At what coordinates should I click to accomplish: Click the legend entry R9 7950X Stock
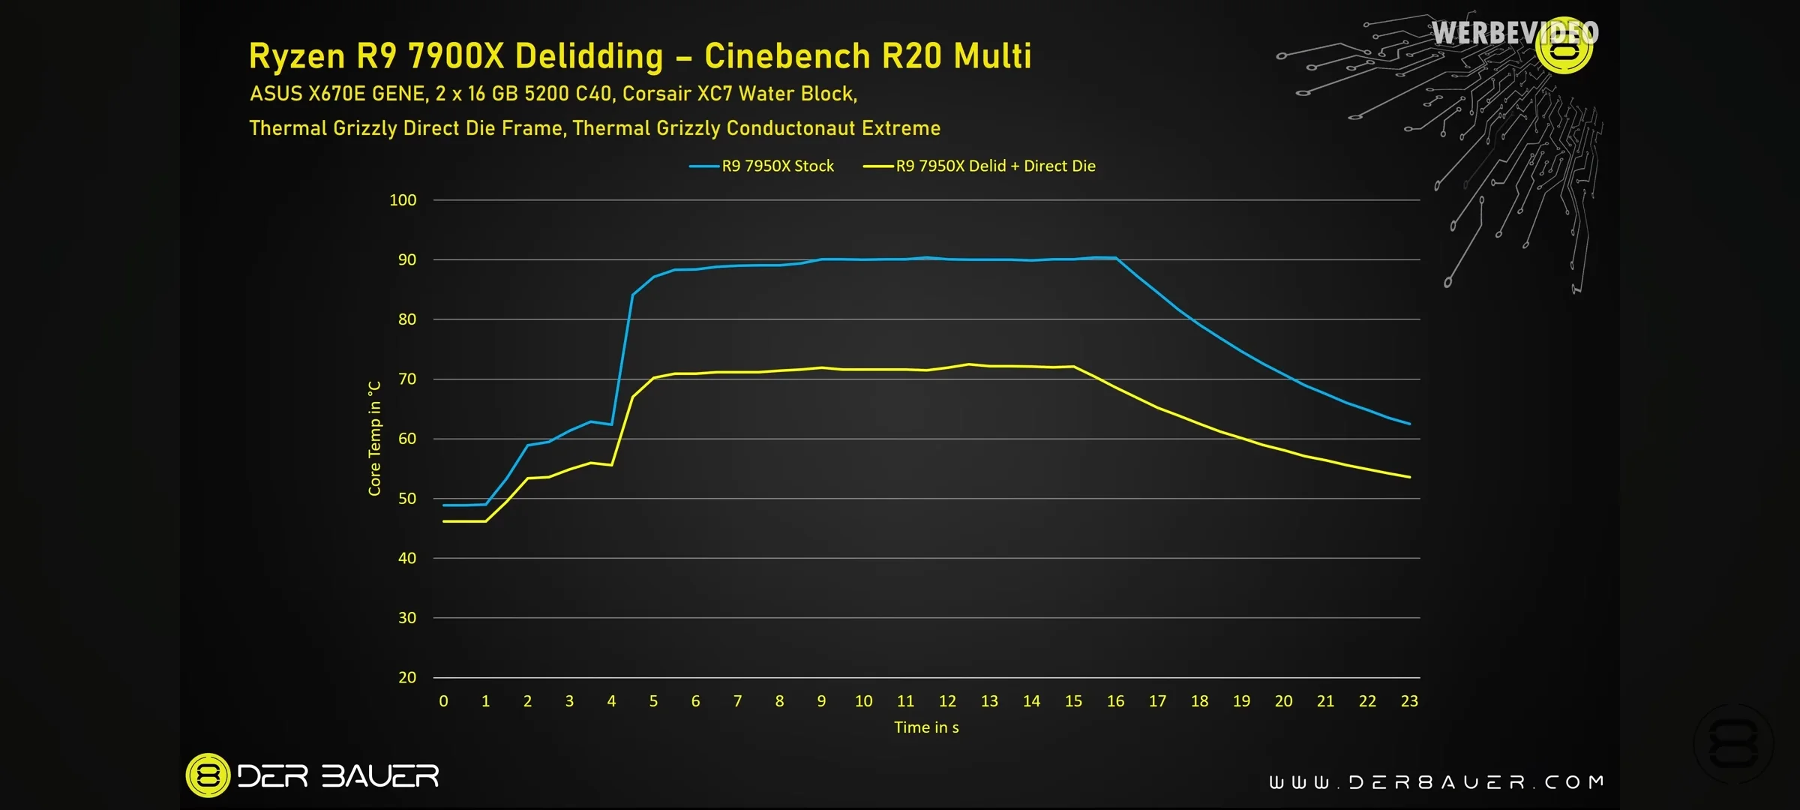pyautogui.click(x=777, y=166)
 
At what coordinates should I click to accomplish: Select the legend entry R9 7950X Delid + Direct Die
pyautogui.click(x=994, y=166)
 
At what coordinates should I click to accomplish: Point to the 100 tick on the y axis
pyautogui.click(x=403, y=200)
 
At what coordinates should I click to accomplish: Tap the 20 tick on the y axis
pyautogui.click(x=406, y=678)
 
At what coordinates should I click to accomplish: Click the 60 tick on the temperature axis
pyautogui.click(x=406, y=439)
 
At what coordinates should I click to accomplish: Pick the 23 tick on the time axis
pyautogui.click(x=1409, y=701)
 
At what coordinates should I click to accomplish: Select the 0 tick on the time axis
pyautogui.click(x=443, y=701)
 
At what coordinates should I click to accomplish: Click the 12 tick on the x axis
pyautogui.click(x=947, y=701)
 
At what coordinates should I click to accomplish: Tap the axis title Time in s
pyautogui.click(x=926, y=727)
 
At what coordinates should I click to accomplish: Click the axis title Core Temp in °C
pyautogui.click(x=374, y=438)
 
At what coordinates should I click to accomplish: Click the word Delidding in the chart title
pyautogui.click(x=589, y=56)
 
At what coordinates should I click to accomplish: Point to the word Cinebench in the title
pyautogui.click(x=787, y=56)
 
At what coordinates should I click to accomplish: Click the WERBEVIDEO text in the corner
pyautogui.click(x=1514, y=33)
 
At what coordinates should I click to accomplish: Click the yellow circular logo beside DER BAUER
pyautogui.click(x=208, y=775)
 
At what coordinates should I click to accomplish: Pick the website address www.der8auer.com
pyautogui.click(x=1436, y=783)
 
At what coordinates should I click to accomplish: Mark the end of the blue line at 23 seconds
pyautogui.click(x=1410, y=424)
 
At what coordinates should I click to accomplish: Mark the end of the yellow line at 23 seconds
pyautogui.click(x=1410, y=477)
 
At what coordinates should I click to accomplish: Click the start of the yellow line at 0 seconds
pyautogui.click(x=444, y=521)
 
